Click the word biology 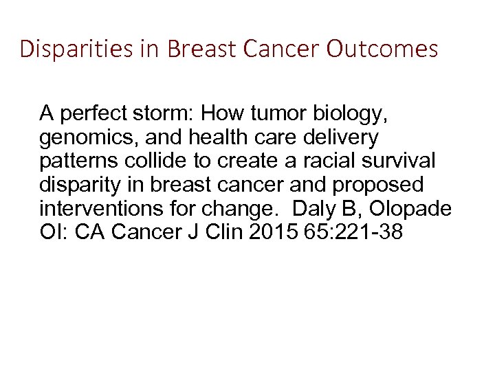click(x=341, y=113)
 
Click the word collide click(x=150, y=161)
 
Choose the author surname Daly click(x=318, y=209)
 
